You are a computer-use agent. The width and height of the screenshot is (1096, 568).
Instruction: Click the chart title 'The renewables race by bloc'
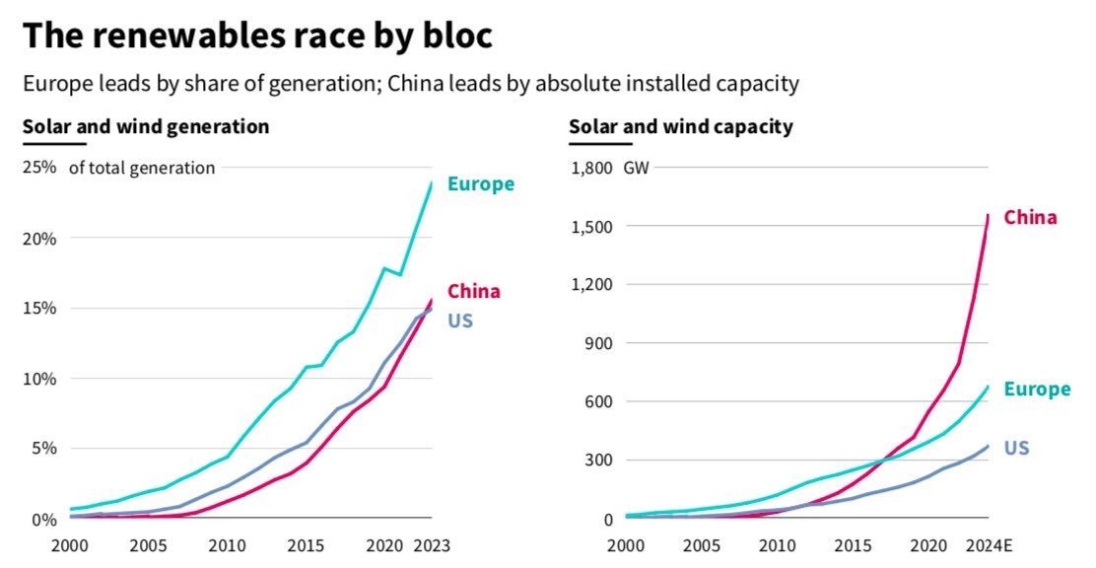257,35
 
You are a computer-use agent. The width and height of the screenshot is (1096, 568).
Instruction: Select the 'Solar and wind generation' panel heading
146,127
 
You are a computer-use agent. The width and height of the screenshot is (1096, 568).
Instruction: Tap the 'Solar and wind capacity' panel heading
681,127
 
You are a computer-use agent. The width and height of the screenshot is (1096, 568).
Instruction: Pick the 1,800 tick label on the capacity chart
592,168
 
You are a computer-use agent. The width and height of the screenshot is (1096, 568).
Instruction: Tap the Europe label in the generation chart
481,183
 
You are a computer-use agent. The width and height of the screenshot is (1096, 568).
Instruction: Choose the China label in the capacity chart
1030,218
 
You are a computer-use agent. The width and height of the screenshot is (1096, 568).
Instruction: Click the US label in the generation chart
459,320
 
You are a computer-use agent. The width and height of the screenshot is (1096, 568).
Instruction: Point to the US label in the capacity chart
1016,449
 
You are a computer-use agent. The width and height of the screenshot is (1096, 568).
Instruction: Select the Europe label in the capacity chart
1037,390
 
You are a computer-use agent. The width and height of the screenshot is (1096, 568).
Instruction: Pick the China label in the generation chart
474,291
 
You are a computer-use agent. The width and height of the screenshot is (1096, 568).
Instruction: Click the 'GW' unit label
637,168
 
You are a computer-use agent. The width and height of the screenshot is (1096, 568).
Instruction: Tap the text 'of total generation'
142,168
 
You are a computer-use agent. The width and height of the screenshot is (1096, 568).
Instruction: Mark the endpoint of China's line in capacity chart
989,215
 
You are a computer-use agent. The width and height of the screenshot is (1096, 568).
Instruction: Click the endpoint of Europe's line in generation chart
432,182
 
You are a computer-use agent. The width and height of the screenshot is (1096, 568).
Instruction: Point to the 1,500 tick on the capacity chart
592,227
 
